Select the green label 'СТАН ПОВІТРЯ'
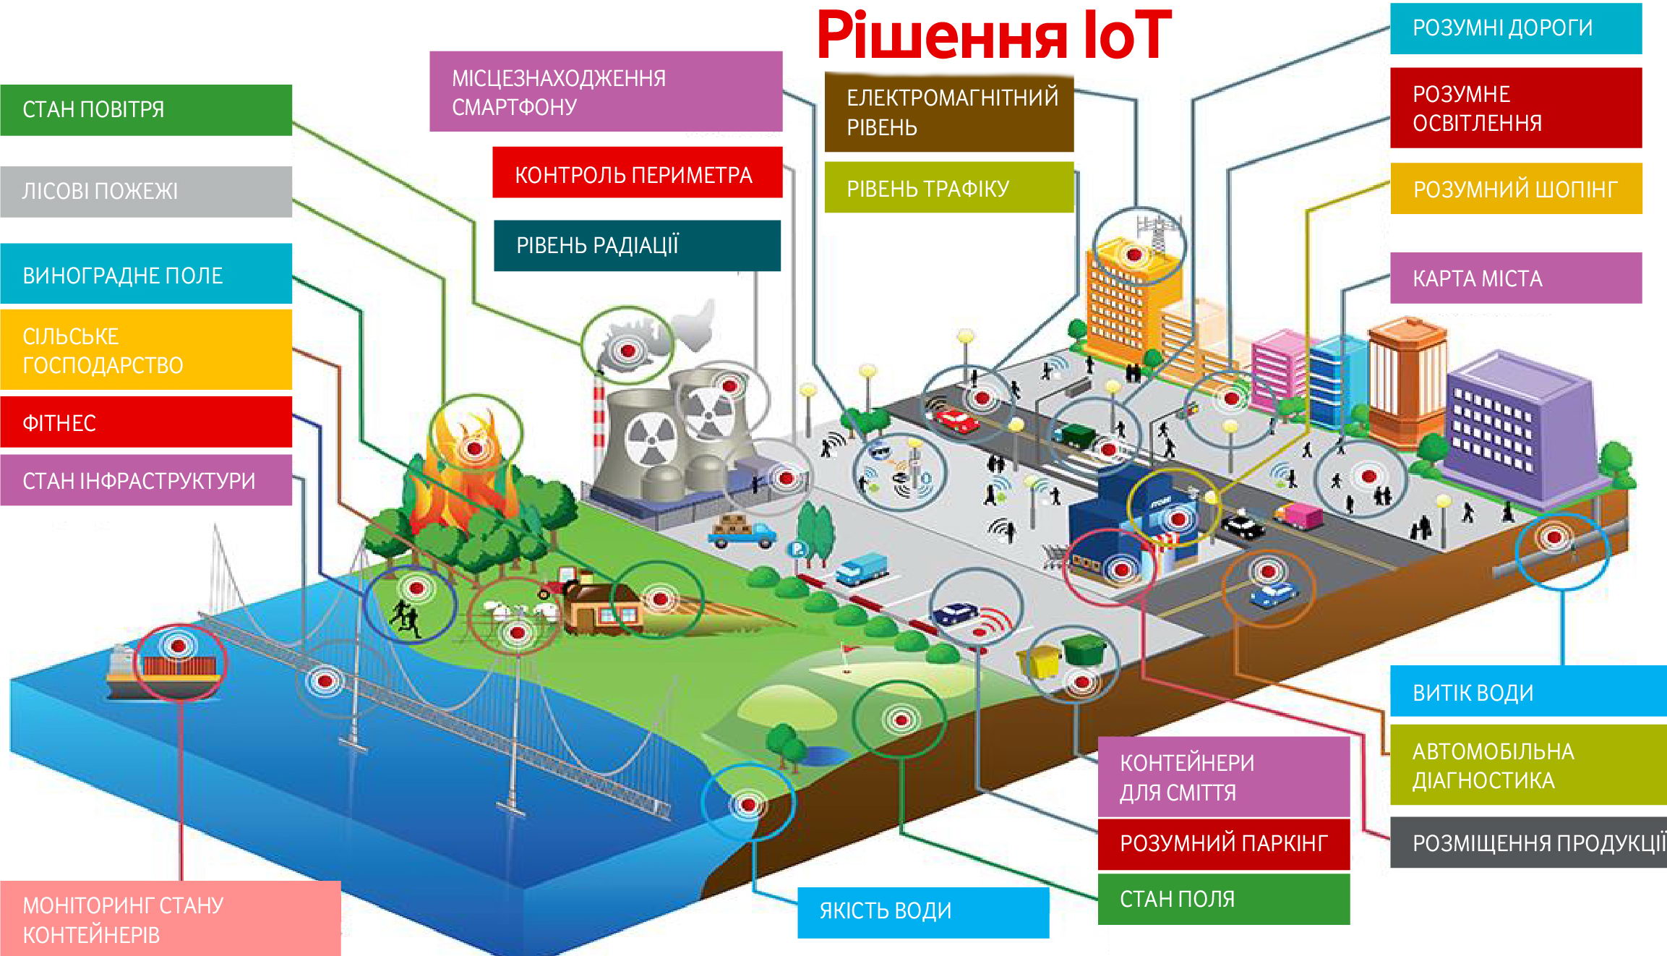click(x=146, y=110)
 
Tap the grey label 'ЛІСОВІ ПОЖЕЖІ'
click(x=146, y=192)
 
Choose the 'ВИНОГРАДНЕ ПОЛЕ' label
click(x=146, y=275)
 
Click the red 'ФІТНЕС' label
click(x=146, y=422)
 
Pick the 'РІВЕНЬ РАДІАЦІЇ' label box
click(x=637, y=246)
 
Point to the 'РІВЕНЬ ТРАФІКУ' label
click(x=948, y=188)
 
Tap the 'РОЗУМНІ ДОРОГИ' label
click(x=1515, y=28)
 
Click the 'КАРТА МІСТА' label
click(x=1515, y=278)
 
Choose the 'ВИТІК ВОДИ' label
click(x=1527, y=692)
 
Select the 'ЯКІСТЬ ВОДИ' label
click(x=922, y=911)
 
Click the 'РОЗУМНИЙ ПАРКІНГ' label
click(x=1223, y=843)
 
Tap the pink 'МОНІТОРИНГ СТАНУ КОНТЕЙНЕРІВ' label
click(x=170, y=919)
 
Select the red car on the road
click(x=956, y=419)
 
